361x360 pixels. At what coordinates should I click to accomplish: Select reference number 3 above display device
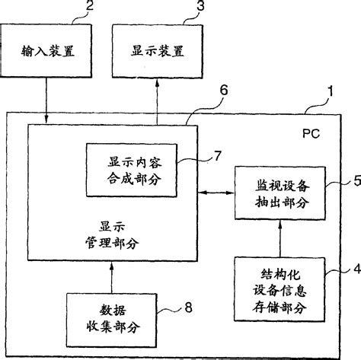pos(200,6)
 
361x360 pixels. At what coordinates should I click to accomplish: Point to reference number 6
pos(222,90)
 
